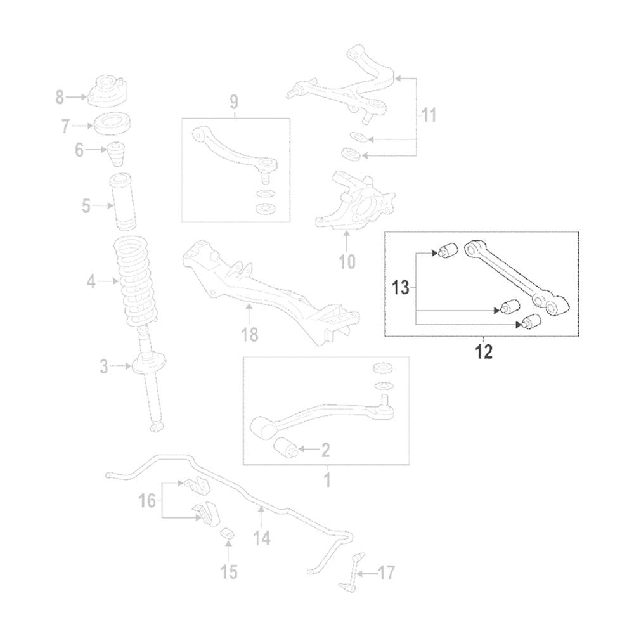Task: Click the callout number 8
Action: pos(60,98)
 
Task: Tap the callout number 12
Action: pos(483,353)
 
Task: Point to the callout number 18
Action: pos(250,334)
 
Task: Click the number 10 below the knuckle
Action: pos(347,260)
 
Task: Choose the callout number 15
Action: pos(229,572)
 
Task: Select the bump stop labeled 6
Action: pos(117,153)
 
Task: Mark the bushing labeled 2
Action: pos(286,448)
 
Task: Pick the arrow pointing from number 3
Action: pos(120,365)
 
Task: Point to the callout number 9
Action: pos(233,101)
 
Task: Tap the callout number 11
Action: pos(430,115)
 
